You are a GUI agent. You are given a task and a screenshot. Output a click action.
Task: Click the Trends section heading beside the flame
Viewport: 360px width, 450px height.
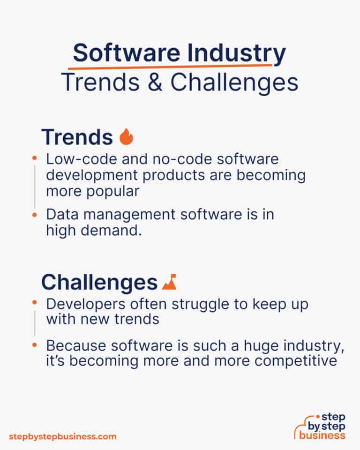tap(77, 137)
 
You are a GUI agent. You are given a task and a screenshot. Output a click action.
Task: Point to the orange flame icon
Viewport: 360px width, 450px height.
tap(127, 137)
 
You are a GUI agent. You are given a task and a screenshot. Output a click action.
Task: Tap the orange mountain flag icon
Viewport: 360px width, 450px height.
tap(169, 282)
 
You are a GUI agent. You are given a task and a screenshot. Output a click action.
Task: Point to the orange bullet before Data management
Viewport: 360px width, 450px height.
tap(34, 214)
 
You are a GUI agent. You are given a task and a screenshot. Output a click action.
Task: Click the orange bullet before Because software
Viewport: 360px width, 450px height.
tap(34, 345)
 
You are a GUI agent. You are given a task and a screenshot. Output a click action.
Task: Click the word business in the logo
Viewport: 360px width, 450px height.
tap(323, 435)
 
